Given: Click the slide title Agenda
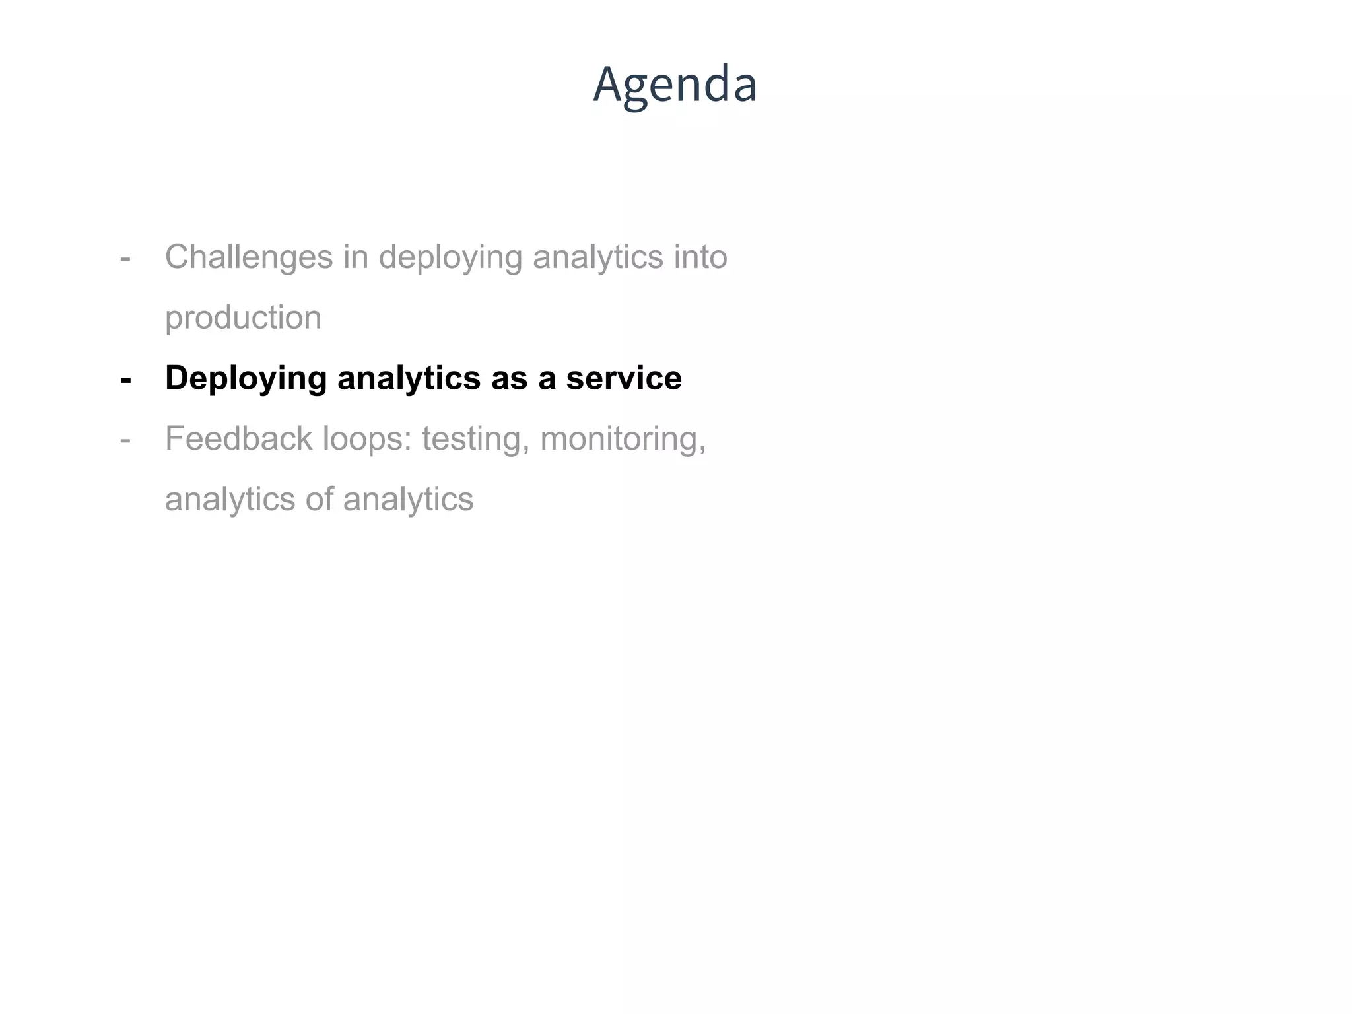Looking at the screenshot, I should coord(675,84).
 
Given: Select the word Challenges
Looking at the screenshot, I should coord(248,257).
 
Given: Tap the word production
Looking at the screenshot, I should coord(243,318).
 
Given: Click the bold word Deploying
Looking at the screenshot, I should coord(246,379).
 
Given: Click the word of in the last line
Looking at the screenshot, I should coord(319,499).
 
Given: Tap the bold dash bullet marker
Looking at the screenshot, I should coord(125,380).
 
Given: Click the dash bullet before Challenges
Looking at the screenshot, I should coord(125,259).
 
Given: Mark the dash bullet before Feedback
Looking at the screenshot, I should coord(125,440).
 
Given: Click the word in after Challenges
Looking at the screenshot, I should coord(355,257).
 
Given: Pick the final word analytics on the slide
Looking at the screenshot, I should coord(408,500).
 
